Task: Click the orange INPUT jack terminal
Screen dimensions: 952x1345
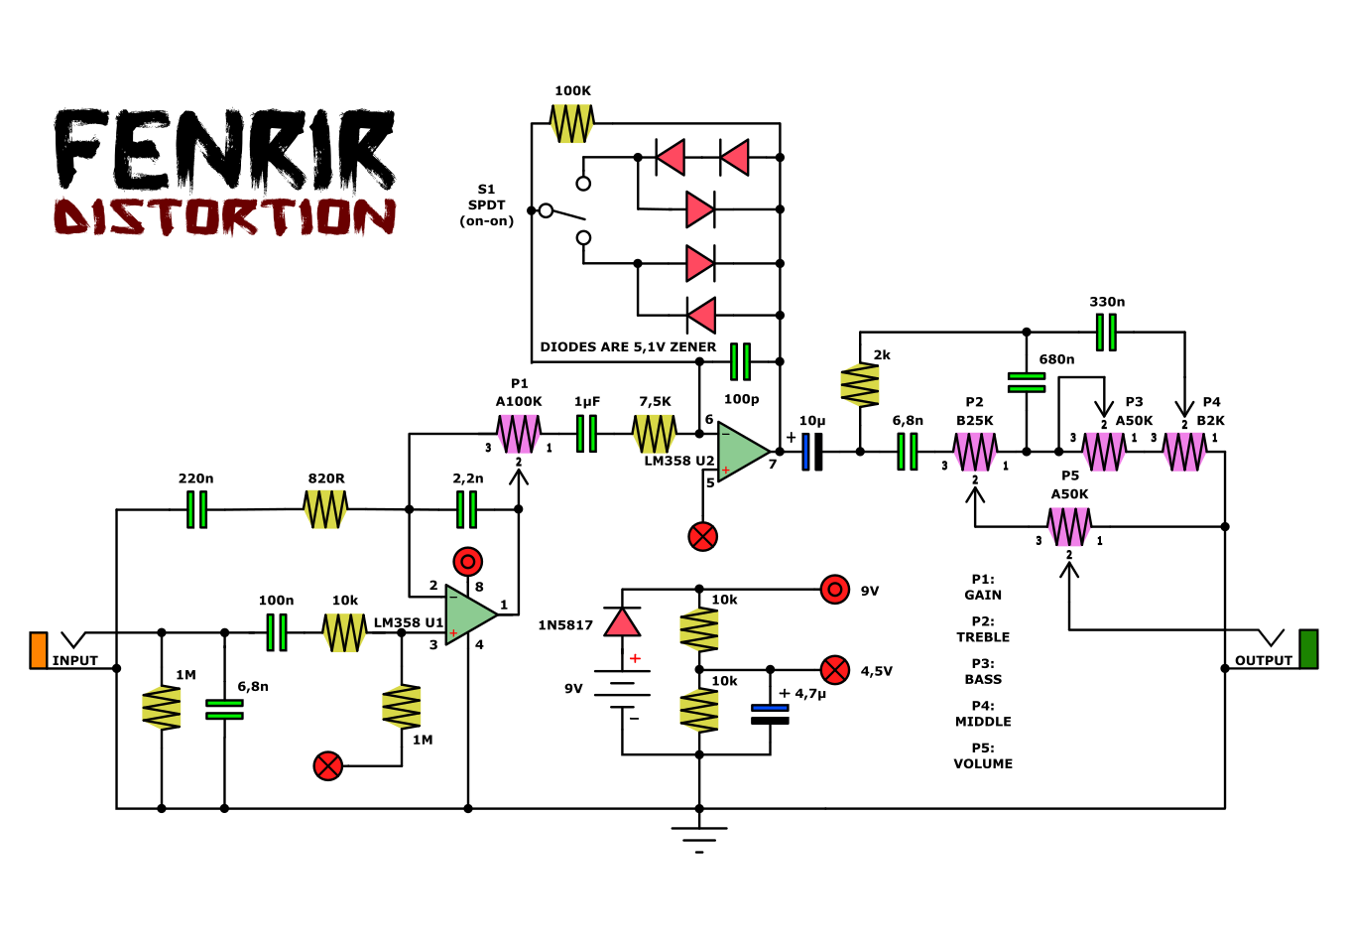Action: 39,650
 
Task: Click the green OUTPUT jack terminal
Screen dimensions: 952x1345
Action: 1308,649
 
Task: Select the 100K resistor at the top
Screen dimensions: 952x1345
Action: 572,124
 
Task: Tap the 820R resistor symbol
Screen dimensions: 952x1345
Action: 325,509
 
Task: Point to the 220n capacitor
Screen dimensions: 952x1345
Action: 196,509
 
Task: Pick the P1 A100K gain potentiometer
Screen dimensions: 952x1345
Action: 519,434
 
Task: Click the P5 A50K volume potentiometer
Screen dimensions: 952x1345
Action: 1069,527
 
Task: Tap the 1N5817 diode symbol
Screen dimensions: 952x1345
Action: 622,621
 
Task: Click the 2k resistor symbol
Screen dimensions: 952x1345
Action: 860,385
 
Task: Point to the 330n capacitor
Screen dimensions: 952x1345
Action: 1106,332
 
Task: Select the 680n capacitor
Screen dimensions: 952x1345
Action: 1027,382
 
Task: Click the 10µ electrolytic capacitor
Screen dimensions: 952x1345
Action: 811,452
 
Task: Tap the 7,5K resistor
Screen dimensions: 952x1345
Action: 655,434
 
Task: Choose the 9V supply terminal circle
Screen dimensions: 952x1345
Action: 835,590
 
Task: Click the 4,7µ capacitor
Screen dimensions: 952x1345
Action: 770,714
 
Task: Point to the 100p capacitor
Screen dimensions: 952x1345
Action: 740,361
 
